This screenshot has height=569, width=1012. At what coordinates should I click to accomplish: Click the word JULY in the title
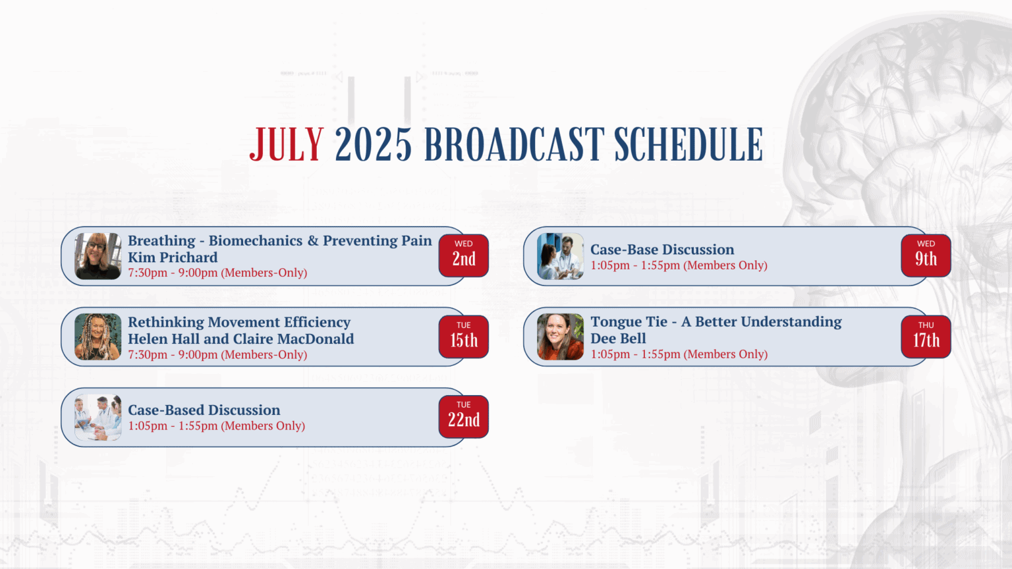tap(287, 144)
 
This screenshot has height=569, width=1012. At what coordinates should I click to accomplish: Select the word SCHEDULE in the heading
tap(689, 144)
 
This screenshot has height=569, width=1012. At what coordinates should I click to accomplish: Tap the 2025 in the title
tap(373, 144)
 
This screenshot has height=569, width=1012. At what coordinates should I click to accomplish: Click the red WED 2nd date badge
tap(464, 256)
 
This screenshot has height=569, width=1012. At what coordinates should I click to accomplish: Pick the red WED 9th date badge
tap(926, 256)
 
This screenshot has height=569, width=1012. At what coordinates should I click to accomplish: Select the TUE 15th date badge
tap(464, 337)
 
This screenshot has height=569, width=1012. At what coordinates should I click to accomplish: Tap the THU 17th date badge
tap(926, 337)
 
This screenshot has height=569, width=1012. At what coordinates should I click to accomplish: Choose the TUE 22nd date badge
tap(464, 417)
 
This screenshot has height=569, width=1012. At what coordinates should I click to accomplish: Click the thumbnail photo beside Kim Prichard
tap(98, 256)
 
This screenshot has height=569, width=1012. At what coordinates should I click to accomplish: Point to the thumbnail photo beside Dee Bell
tap(560, 337)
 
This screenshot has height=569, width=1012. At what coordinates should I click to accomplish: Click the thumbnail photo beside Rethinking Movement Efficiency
tap(98, 337)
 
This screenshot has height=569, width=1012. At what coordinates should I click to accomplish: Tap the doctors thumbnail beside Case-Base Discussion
tap(560, 256)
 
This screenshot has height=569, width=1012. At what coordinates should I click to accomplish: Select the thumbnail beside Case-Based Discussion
tap(98, 418)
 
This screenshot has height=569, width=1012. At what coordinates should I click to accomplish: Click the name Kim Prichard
tap(173, 257)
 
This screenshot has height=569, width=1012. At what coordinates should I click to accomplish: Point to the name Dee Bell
tap(618, 339)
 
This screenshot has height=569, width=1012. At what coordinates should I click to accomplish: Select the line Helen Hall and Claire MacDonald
tap(240, 339)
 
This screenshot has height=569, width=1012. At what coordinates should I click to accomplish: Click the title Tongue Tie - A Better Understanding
tap(716, 321)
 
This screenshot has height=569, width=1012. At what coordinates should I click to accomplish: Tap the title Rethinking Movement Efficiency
tap(239, 322)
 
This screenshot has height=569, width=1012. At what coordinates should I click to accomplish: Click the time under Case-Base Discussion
tap(679, 265)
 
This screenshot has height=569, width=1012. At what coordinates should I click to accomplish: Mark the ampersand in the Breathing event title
tap(313, 240)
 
